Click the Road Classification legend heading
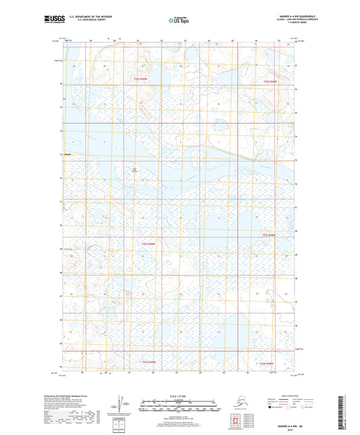coord(292,394)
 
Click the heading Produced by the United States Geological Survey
coord(74,396)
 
